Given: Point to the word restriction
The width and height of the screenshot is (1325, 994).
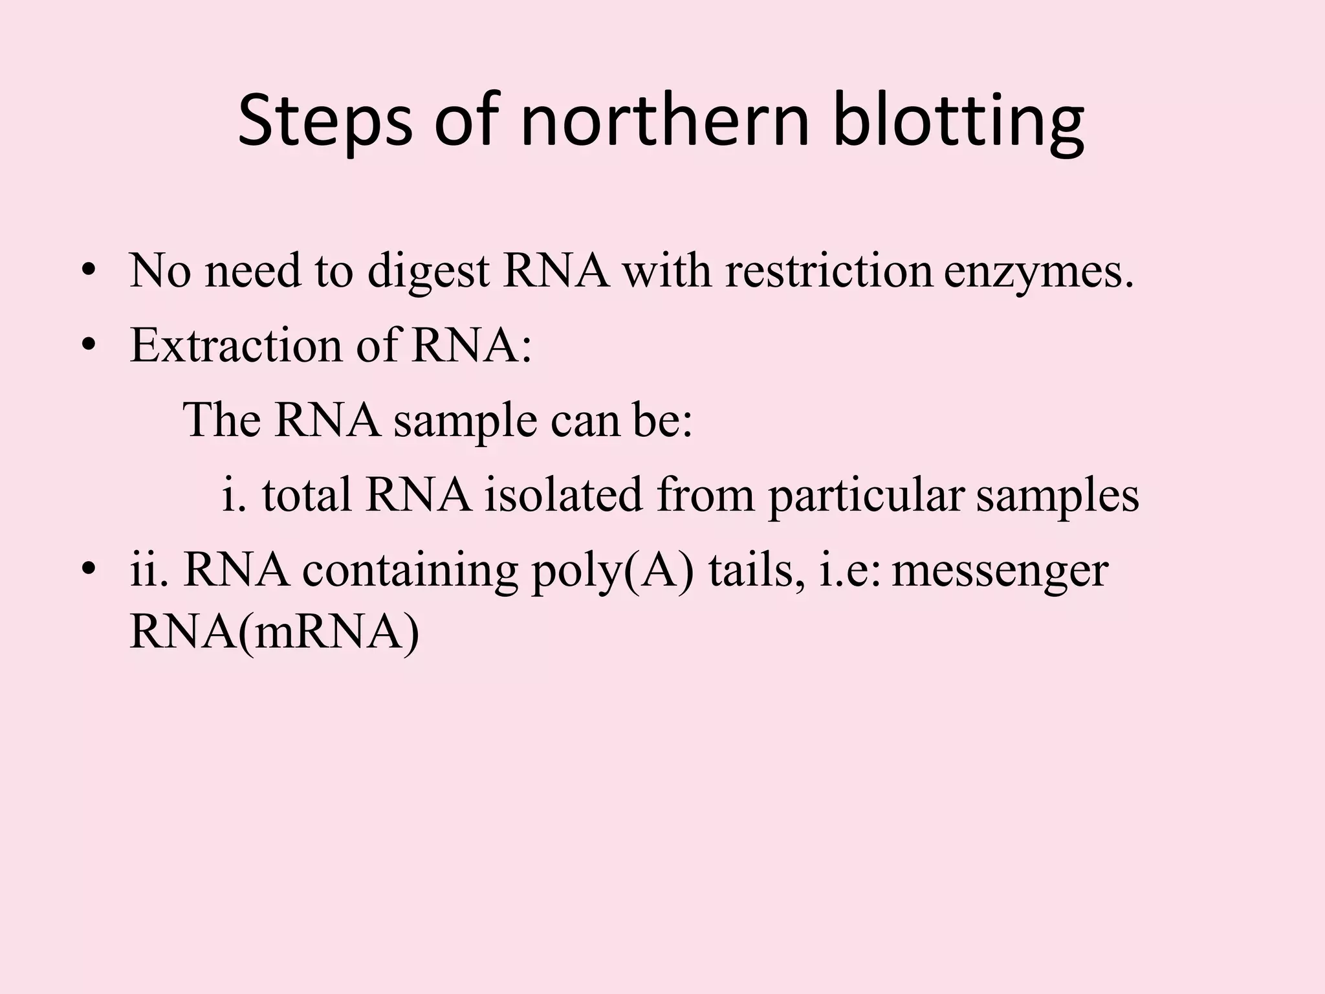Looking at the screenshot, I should (x=829, y=271).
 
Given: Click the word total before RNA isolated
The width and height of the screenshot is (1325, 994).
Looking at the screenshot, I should (x=307, y=495).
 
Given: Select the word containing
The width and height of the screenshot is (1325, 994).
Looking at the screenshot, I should (x=410, y=571).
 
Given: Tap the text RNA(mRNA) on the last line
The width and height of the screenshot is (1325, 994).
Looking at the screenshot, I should (x=274, y=633).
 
